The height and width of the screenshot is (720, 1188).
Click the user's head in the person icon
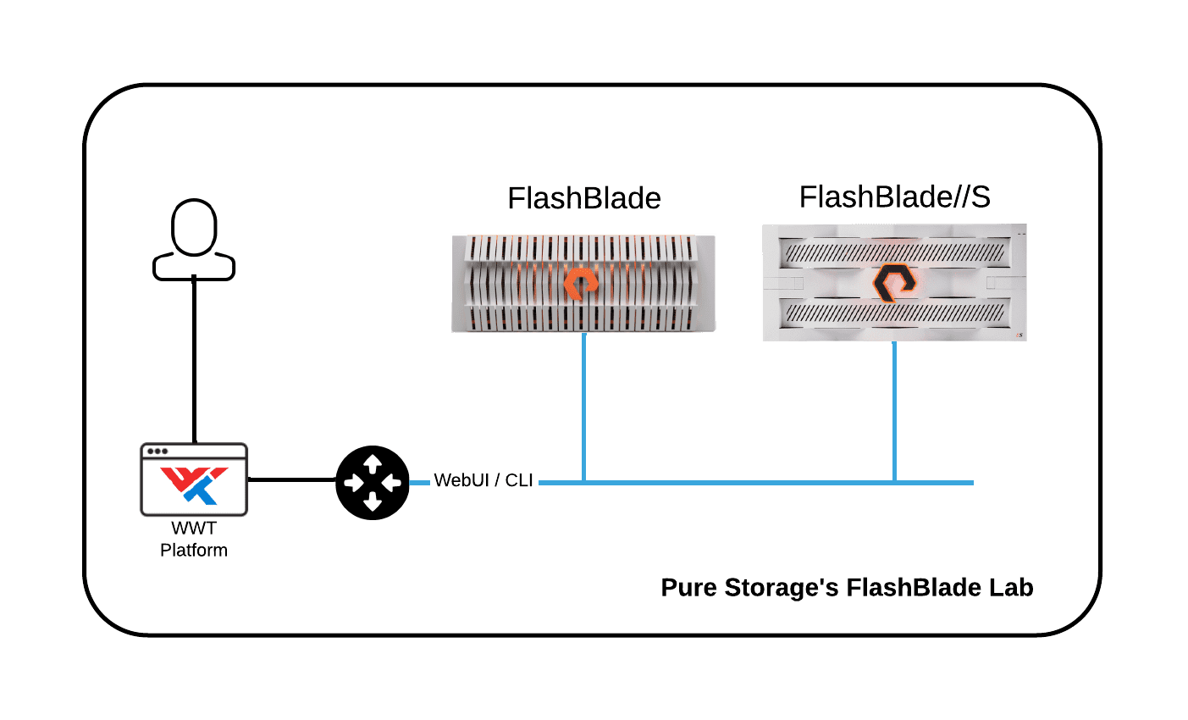194,228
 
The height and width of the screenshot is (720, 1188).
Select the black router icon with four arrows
373,482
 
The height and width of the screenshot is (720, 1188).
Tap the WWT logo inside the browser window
194,485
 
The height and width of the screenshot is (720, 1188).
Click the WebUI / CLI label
483,480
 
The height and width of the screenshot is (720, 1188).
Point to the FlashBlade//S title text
895,197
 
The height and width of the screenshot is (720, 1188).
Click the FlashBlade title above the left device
584,198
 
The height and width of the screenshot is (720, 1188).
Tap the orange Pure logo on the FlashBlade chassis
581,284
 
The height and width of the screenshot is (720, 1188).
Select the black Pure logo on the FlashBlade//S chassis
895,283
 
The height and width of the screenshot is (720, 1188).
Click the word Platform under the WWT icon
194,551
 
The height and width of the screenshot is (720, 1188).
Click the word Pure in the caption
689,587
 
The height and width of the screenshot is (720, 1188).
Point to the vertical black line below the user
194,358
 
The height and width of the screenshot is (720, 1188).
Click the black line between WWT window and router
291,479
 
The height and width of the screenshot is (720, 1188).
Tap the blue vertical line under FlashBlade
584,407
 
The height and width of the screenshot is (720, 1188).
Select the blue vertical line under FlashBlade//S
894,411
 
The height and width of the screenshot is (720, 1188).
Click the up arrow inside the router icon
373,463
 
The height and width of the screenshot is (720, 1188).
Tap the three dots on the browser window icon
157,451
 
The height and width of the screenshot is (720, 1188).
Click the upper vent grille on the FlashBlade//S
895,252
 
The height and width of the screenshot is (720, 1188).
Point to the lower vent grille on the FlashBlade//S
895,313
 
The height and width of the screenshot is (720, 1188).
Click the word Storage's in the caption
782,587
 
